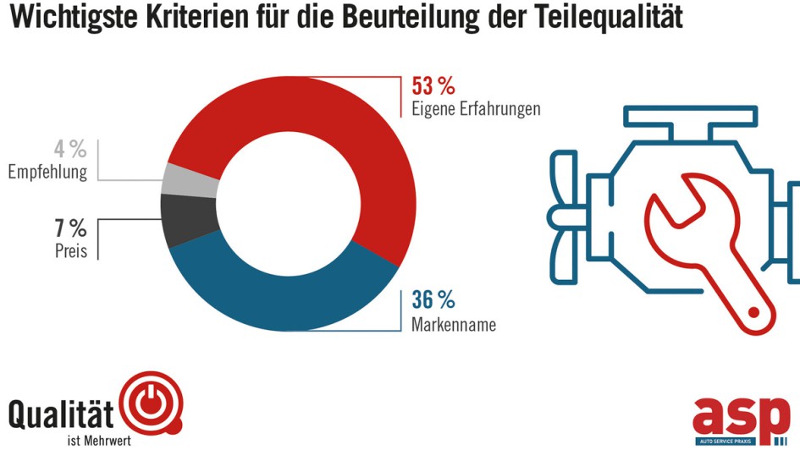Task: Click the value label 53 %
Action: click(433, 86)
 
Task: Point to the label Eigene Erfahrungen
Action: click(475, 109)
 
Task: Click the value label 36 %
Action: click(433, 300)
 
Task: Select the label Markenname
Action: click(453, 324)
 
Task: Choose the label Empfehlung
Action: click(47, 173)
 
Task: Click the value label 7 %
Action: click(70, 228)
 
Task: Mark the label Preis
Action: click(71, 251)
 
